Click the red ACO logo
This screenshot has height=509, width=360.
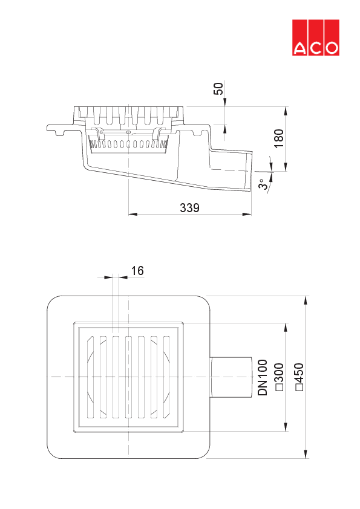pyautogui.click(x=316, y=37)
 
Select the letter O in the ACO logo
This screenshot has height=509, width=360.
pyautogui.click(x=331, y=48)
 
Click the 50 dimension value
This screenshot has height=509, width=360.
pyautogui.click(x=220, y=88)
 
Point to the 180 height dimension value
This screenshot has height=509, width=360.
pyautogui.click(x=278, y=138)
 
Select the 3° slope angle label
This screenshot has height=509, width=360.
pyautogui.click(x=263, y=184)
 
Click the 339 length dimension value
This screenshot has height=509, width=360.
pyautogui.click(x=190, y=208)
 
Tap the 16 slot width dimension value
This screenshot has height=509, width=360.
pyautogui.click(x=137, y=271)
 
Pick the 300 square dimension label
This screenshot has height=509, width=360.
pyautogui.click(x=280, y=378)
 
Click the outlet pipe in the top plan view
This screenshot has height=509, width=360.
pyautogui.click(x=232, y=377)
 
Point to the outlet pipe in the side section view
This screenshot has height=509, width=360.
pyautogui.click(x=230, y=169)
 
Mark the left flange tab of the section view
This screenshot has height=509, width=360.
pyautogui.click(x=57, y=128)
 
